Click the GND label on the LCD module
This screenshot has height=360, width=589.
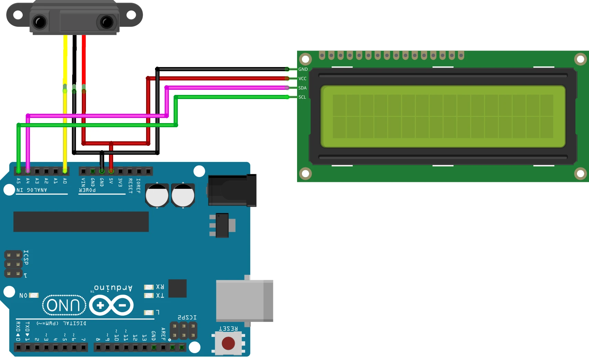click(303, 69)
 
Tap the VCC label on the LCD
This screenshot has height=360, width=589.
click(302, 78)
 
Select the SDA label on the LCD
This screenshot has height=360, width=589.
click(302, 88)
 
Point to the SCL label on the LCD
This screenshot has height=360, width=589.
click(302, 97)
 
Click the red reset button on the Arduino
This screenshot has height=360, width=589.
click(228, 343)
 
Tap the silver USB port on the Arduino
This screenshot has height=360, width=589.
click(244, 301)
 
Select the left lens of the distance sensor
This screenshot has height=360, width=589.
click(40, 22)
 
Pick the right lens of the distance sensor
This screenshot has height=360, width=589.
click(106, 22)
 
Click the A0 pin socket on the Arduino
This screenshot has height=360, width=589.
click(65, 171)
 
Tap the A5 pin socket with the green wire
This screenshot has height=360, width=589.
click(19, 171)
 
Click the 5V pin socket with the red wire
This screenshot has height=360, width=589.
click(111, 171)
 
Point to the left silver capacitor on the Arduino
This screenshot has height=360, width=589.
click(157, 195)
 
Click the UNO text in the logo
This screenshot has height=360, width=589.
click(64, 305)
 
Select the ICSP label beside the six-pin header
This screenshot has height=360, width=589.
click(26, 257)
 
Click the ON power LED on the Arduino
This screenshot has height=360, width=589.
click(34, 295)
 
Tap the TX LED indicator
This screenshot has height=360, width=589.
click(149, 295)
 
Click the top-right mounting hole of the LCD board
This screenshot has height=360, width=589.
click(580, 59)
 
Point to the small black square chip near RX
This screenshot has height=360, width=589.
click(177, 288)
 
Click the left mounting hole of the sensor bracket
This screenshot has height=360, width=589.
click(18, 15)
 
